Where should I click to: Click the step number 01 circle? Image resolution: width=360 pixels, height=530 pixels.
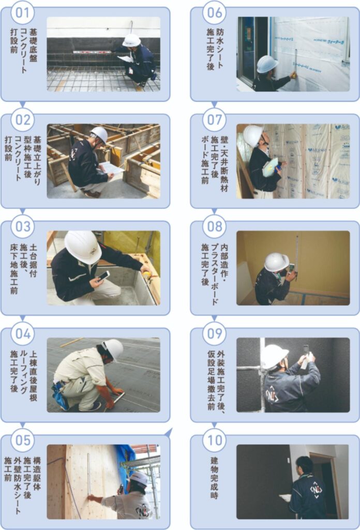pyautogui.click(x=23, y=13)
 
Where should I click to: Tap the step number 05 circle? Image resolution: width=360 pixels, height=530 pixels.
pyautogui.click(x=23, y=440)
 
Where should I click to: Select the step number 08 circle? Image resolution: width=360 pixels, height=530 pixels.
pyautogui.click(x=215, y=227)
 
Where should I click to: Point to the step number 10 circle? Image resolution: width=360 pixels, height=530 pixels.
pyautogui.click(x=215, y=440)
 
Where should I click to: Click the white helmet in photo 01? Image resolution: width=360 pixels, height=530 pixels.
pyautogui.click(x=131, y=40)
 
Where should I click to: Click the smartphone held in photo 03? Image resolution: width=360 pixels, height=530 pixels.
pyautogui.click(x=103, y=276)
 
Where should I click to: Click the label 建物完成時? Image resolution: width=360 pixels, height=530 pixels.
pyautogui.click(x=214, y=478)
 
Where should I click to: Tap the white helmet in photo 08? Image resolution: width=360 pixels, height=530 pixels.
pyautogui.click(x=276, y=262)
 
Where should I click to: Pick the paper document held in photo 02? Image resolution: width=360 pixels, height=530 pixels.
pyautogui.click(x=111, y=168)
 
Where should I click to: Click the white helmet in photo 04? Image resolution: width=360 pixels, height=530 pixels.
pyautogui.click(x=113, y=349)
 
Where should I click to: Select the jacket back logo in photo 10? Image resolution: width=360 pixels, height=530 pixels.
pyautogui.click(x=316, y=490)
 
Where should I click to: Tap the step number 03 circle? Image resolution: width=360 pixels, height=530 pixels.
pyautogui.click(x=23, y=227)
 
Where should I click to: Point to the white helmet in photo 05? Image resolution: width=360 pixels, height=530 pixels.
pyautogui.click(x=139, y=479)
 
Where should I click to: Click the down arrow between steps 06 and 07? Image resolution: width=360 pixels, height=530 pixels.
pyautogui.click(x=214, y=105)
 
